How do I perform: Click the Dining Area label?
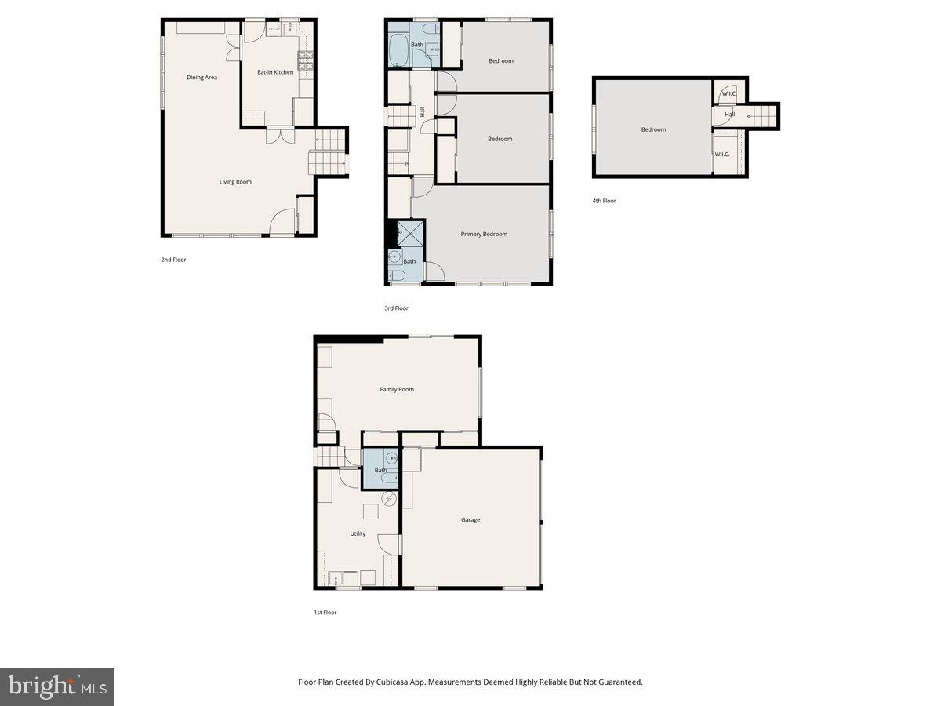202,78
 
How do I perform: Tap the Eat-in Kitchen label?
275,72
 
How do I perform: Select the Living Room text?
235,182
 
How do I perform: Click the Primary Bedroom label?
484,234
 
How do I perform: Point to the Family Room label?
397,389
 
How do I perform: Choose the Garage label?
470,519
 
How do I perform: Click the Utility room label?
358,533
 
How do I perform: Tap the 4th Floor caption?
604,201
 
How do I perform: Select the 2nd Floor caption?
173,259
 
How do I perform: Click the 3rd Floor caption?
396,308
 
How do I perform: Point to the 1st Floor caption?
325,612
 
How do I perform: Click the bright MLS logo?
56,687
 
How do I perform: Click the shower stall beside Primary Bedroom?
410,233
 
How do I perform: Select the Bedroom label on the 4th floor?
653,129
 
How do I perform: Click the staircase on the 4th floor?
760,116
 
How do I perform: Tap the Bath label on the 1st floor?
380,471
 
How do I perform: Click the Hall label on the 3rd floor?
423,112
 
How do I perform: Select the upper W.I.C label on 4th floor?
728,93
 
